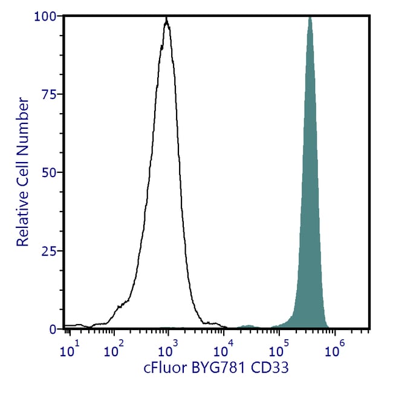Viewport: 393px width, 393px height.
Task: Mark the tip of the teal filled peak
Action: (x=310, y=18)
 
